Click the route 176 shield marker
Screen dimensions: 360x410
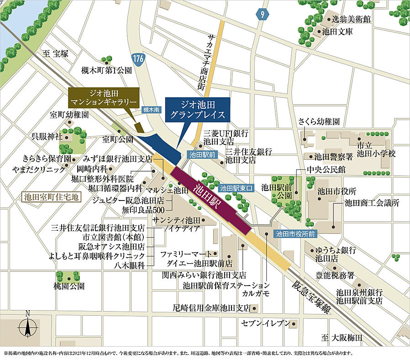pos(138,58)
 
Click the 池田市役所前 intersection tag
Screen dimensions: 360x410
pos(295,233)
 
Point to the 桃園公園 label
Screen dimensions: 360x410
pos(68,286)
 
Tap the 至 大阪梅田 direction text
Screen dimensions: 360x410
pos(342,338)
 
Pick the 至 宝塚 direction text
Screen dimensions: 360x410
pos(55,53)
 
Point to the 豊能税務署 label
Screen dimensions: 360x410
pos(336,275)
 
